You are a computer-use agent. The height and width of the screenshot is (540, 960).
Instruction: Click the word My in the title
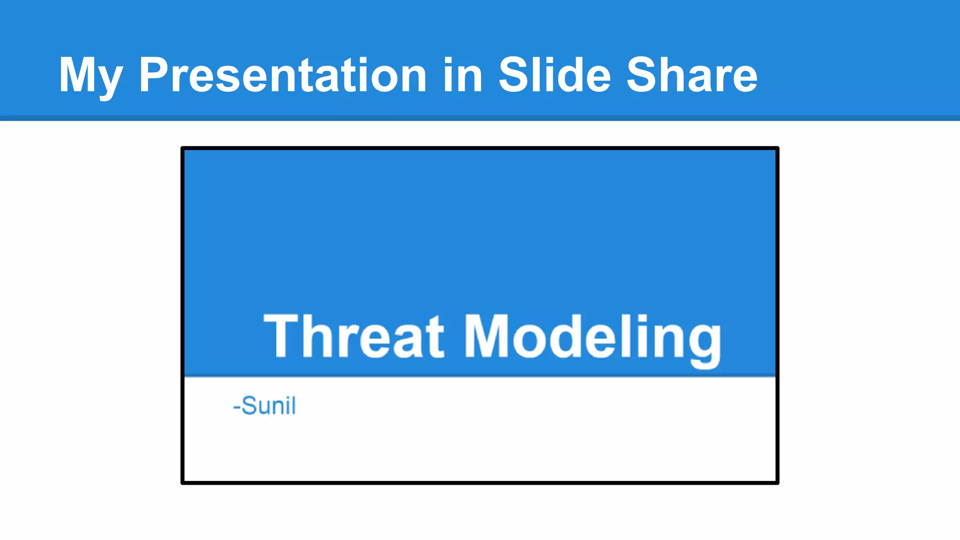[x=90, y=75]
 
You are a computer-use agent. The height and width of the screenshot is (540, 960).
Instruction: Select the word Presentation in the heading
[x=283, y=75]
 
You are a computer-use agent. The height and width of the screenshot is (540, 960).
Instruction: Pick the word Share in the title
[x=692, y=75]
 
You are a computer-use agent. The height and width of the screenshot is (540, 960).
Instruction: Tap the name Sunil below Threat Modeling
[x=269, y=405]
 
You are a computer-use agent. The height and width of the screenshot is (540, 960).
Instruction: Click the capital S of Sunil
[x=249, y=405]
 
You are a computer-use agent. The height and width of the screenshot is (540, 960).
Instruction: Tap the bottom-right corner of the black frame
[x=777, y=482]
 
